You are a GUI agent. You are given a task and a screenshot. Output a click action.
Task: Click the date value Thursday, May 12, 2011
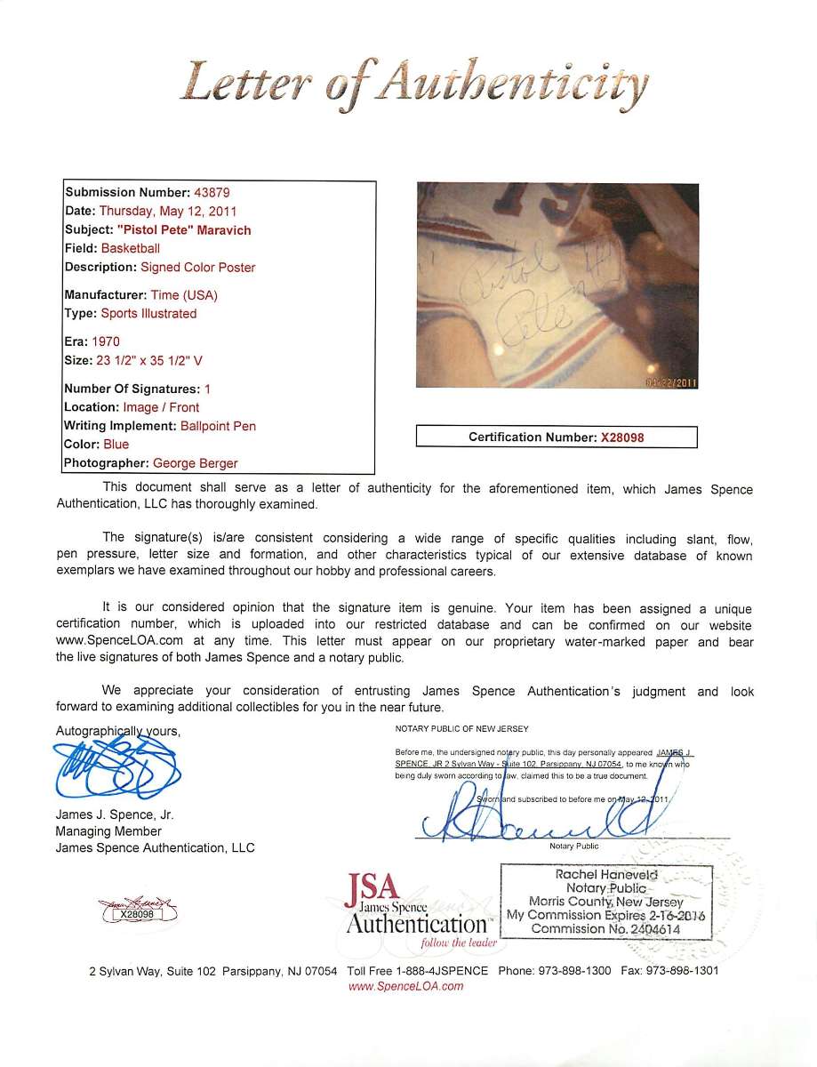[168, 212]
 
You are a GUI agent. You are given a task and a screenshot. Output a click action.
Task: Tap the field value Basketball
[130, 249]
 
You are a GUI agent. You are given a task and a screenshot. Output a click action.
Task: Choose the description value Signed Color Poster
[197, 268]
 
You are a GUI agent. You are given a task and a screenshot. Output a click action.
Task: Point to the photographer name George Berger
[195, 463]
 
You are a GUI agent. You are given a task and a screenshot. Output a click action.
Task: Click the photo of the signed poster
[557, 285]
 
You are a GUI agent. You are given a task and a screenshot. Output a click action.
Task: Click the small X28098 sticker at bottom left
[137, 911]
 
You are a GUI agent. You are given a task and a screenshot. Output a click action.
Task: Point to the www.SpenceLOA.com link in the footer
[405, 986]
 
